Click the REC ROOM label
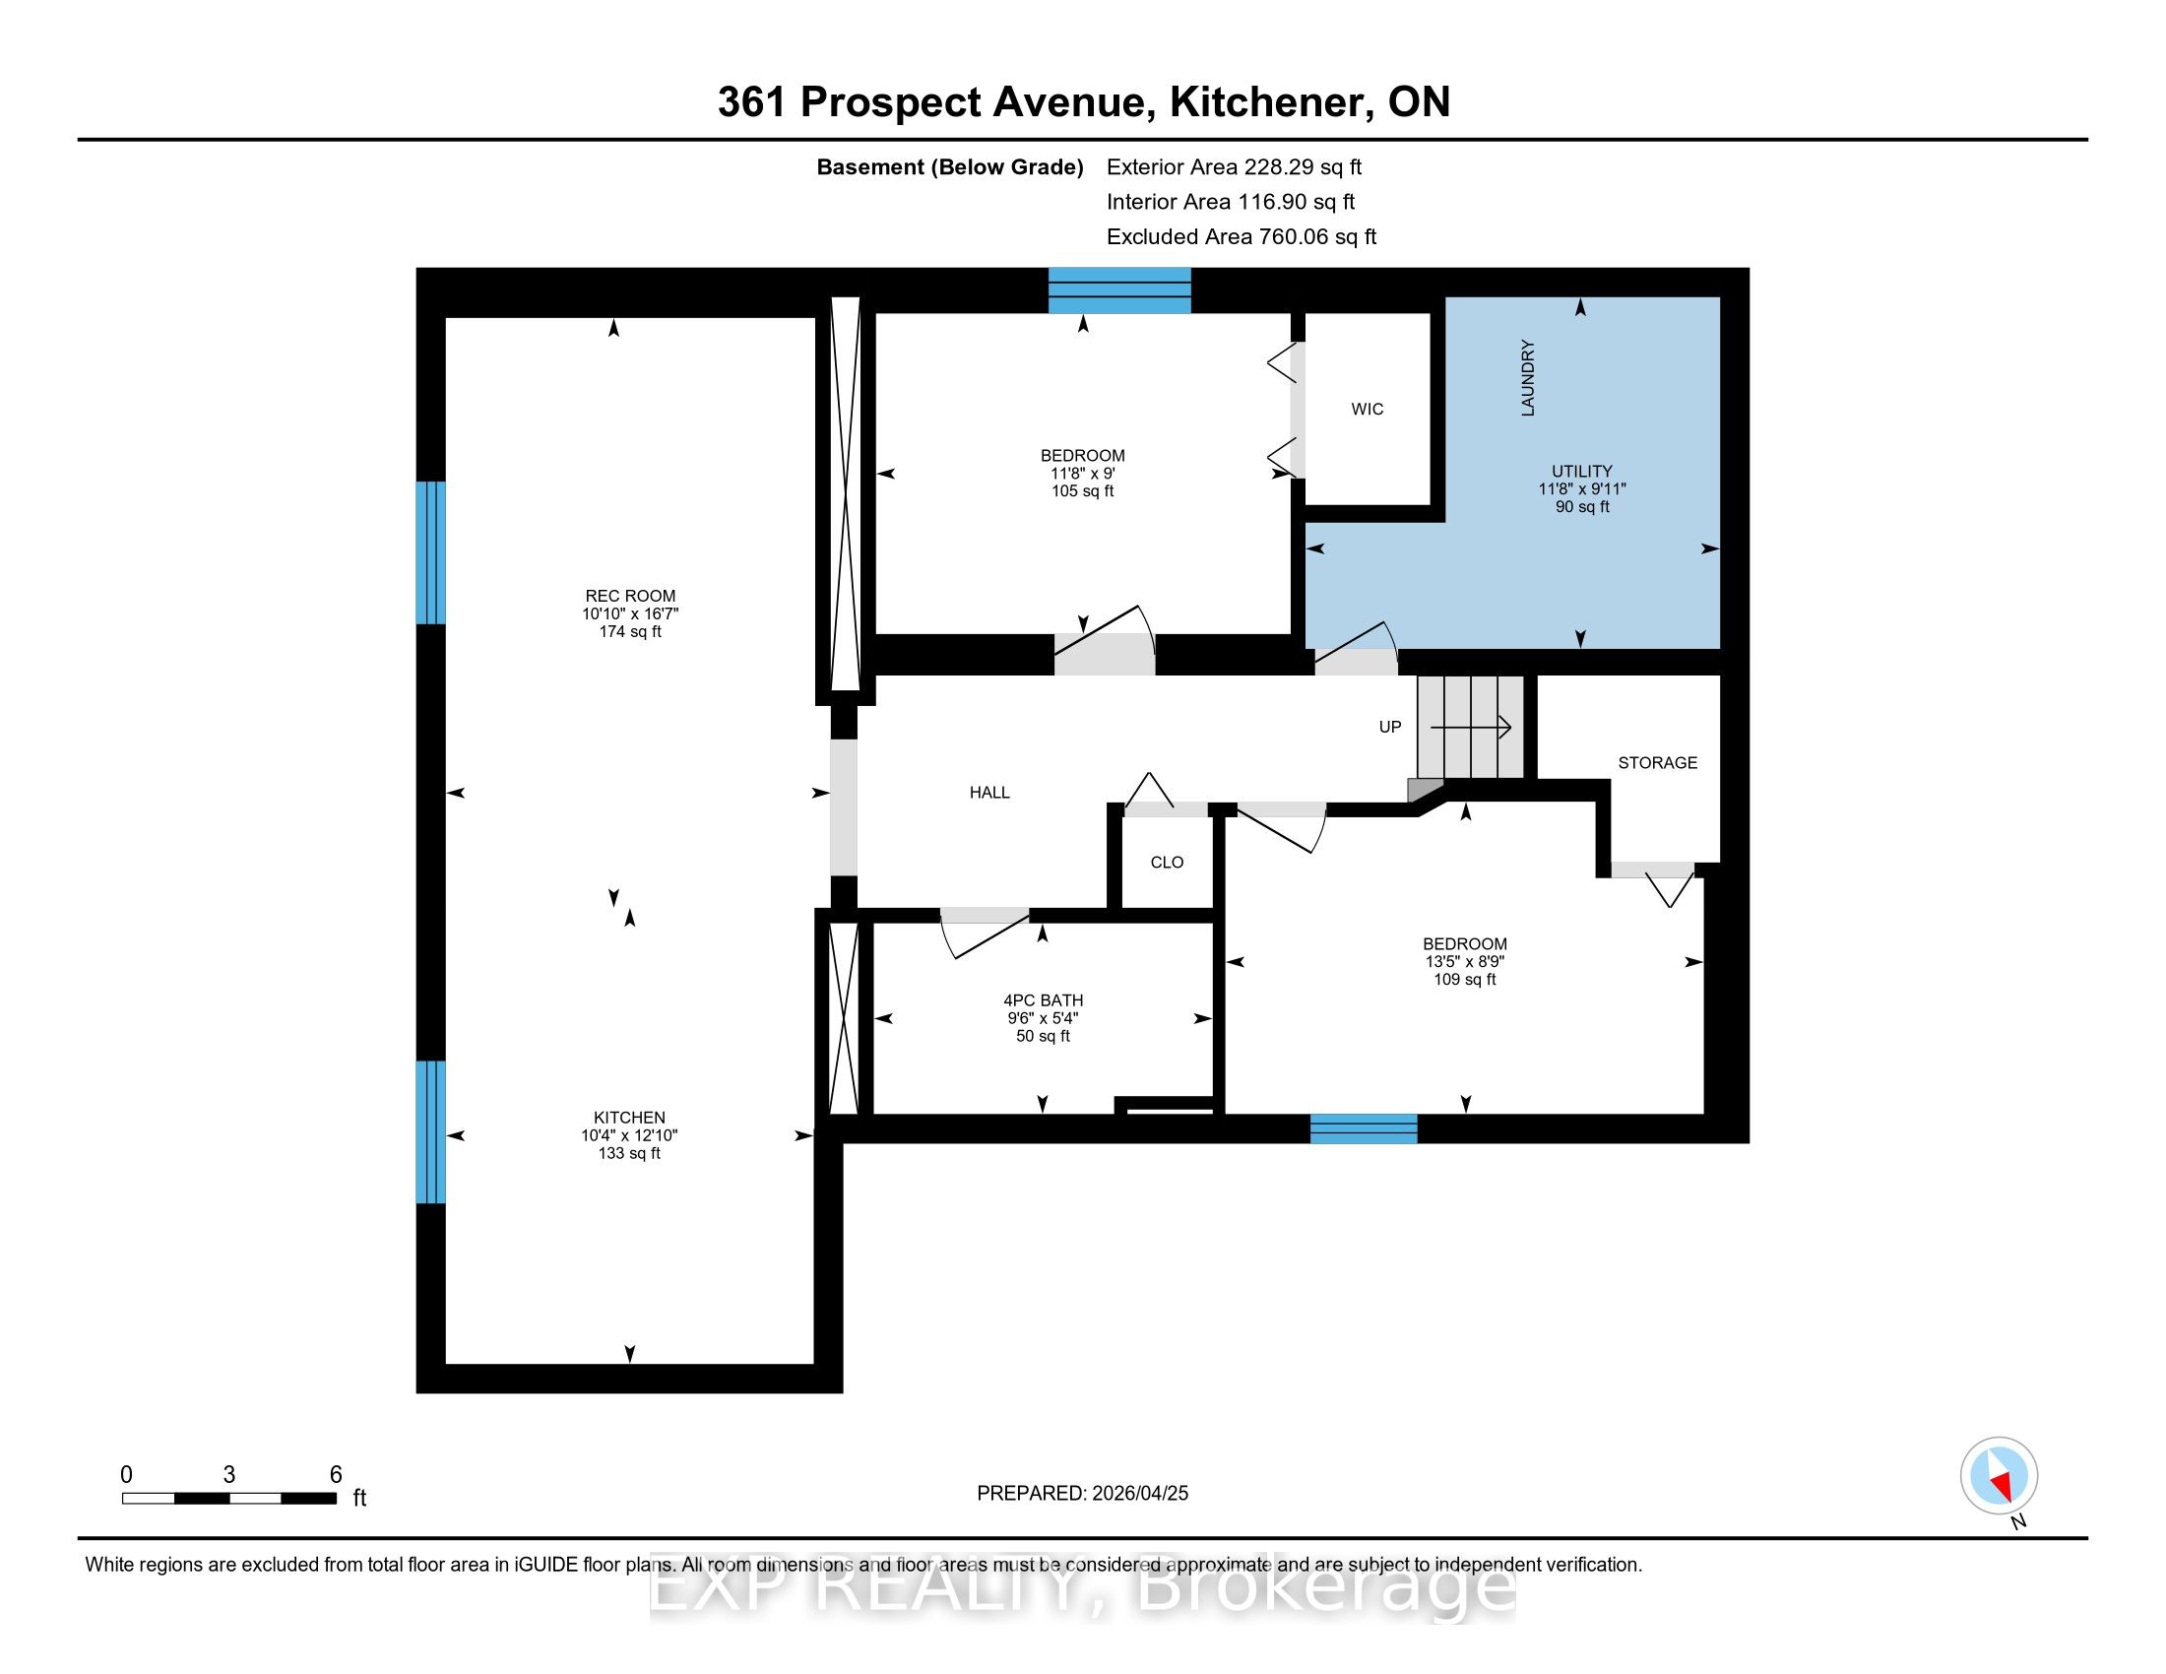(x=630, y=596)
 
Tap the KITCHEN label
(x=630, y=1118)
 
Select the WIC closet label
(x=1367, y=409)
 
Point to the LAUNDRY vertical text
(x=1527, y=378)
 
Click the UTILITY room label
(x=1582, y=471)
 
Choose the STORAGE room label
(x=1657, y=762)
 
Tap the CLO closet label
(x=1168, y=863)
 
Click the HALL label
(x=989, y=793)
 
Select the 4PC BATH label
(x=1044, y=1000)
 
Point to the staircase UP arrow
(x=1470, y=728)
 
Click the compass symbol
(x=1999, y=1475)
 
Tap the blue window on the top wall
(x=1119, y=290)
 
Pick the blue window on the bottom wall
(x=1364, y=1128)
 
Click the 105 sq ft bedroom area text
(x=1083, y=491)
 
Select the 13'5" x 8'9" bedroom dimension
(x=1465, y=961)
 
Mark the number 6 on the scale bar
(x=335, y=1475)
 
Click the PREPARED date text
(x=1082, y=1493)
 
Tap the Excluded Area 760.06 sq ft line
(x=1242, y=237)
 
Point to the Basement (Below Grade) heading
(x=949, y=167)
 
